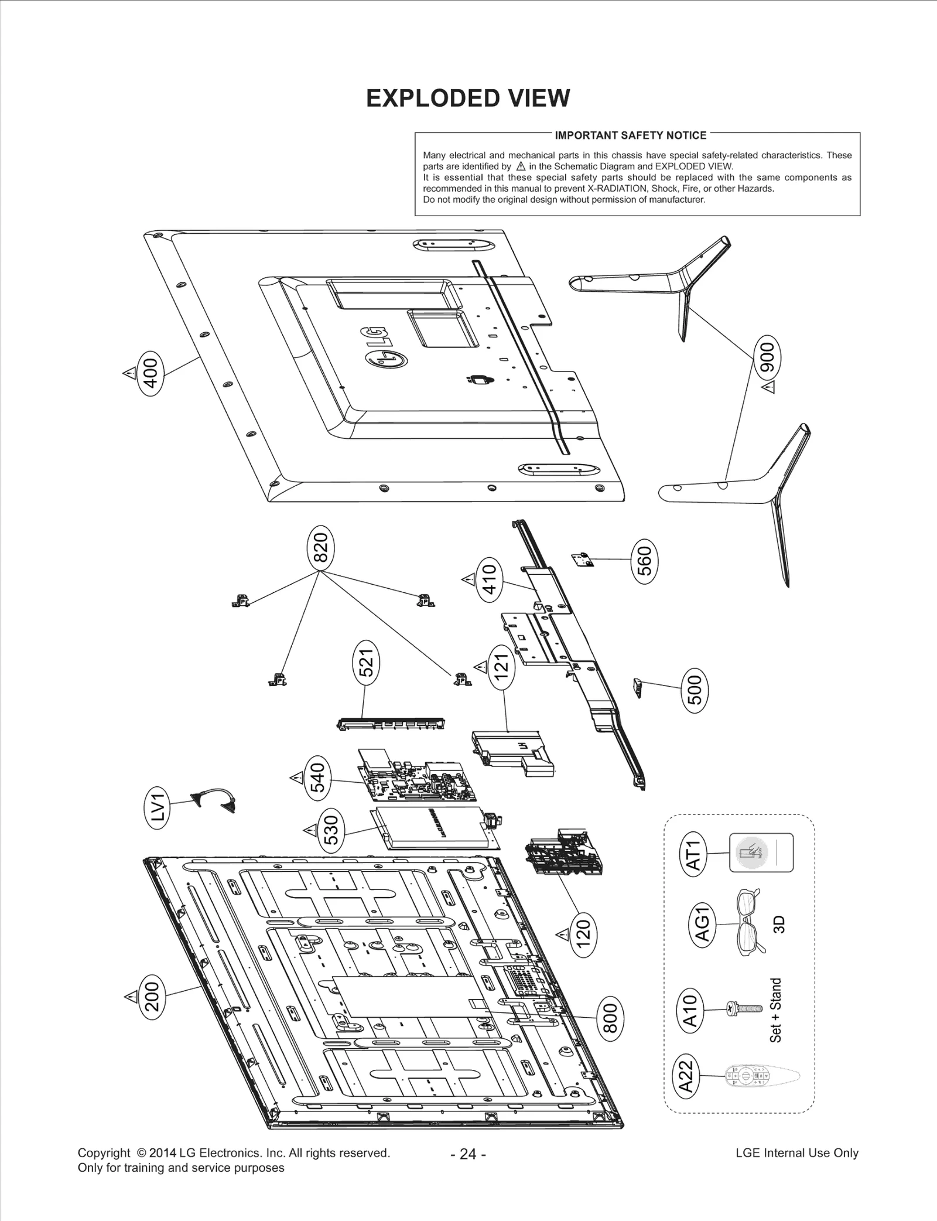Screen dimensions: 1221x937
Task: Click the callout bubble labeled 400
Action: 151,373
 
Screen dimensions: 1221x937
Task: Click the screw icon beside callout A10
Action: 744,1009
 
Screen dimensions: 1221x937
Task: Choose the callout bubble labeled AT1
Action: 693,854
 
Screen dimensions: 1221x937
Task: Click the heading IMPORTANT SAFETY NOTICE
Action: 630,135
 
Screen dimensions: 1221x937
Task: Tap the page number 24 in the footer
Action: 468,1154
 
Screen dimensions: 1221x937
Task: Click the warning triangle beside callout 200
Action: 129,997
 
